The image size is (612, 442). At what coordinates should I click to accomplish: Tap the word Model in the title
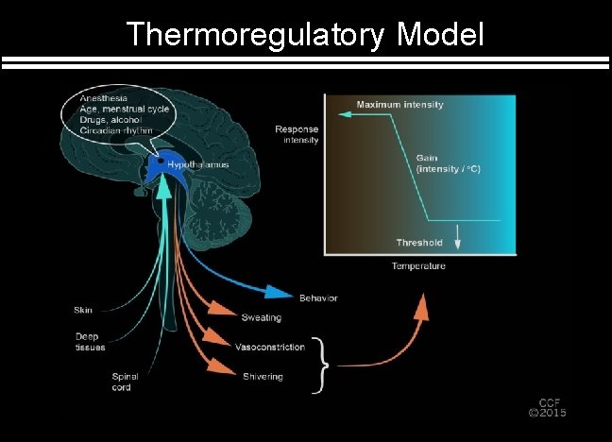441,34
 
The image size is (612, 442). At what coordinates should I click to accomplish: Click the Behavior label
318,297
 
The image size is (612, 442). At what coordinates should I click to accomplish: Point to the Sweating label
261,317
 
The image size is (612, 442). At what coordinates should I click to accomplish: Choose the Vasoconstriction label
270,347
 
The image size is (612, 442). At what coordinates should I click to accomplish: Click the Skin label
83,310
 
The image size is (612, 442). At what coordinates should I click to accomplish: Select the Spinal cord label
125,382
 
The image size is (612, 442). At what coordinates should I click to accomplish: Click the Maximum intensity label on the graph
399,104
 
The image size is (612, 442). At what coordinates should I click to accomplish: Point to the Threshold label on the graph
419,243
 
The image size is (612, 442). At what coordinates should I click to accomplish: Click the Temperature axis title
418,266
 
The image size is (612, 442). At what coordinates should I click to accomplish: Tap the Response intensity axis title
297,134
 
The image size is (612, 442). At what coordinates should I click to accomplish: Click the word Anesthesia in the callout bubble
104,98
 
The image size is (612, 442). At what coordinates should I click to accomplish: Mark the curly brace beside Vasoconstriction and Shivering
322,363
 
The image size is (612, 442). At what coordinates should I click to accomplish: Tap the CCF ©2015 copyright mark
547,405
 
